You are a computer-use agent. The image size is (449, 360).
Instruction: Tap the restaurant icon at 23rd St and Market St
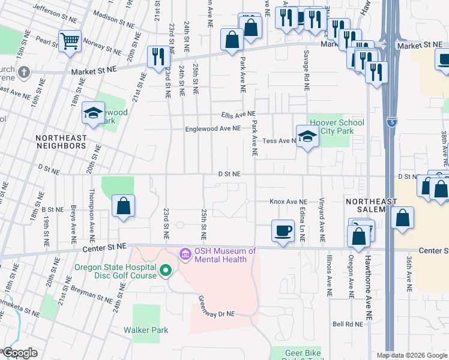pyautogui.click(x=158, y=56)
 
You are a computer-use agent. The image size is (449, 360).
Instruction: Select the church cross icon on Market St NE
pyautogui.click(x=23, y=73)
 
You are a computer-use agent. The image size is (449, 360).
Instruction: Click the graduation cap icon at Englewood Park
pyautogui.click(x=94, y=113)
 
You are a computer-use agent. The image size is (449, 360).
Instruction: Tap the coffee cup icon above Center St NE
pyautogui.click(x=282, y=230)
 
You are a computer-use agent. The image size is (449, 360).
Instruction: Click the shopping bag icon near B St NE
pyautogui.click(x=123, y=206)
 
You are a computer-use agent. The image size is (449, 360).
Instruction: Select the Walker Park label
pyautogui.click(x=146, y=330)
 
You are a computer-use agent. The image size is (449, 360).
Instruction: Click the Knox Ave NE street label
pyautogui.click(x=288, y=202)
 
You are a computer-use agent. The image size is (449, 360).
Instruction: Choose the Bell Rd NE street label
pyautogui.click(x=348, y=324)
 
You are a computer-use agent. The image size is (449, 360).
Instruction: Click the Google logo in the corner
pyautogui.click(x=19, y=353)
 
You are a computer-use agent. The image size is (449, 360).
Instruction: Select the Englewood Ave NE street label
pyautogui.click(x=212, y=128)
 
